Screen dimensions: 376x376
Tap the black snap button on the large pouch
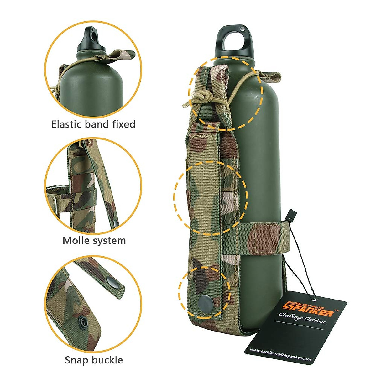205,303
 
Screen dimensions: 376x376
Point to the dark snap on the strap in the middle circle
116,223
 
